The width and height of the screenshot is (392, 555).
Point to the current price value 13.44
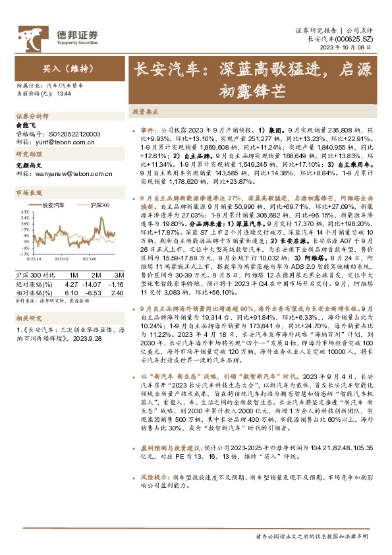65,95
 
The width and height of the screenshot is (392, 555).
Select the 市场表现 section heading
28,192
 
